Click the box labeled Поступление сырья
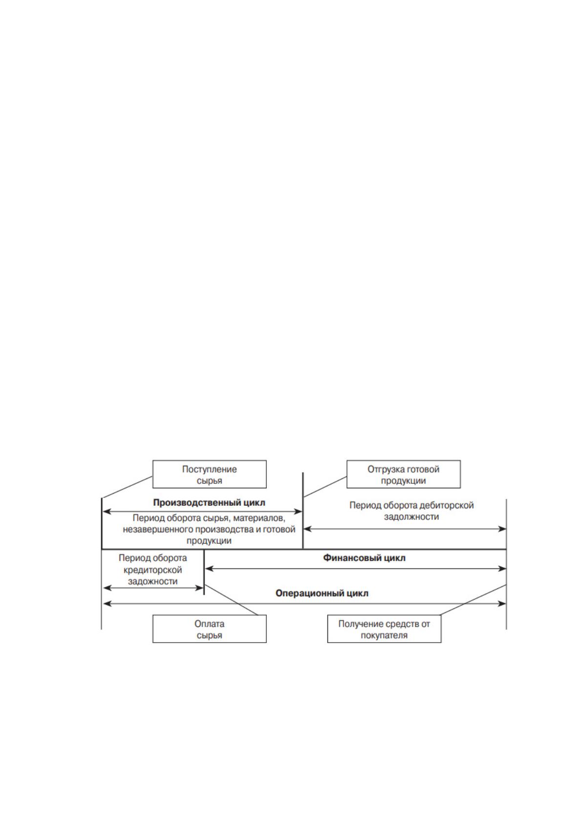tap(210, 475)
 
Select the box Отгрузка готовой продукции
tap(404, 475)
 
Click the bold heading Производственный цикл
tap(209, 502)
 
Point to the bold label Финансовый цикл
tap(364, 558)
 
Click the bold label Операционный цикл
tap(322, 593)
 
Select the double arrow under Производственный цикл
tap(202, 511)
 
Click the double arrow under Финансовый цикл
tap(356, 568)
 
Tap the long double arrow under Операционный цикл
tap(304, 603)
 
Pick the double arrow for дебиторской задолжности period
tap(405, 529)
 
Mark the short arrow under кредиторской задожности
tap(153, 588)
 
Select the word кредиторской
tap(152, 570)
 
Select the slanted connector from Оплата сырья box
tap(232, 600)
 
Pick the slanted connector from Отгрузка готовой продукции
tap(325, 487)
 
